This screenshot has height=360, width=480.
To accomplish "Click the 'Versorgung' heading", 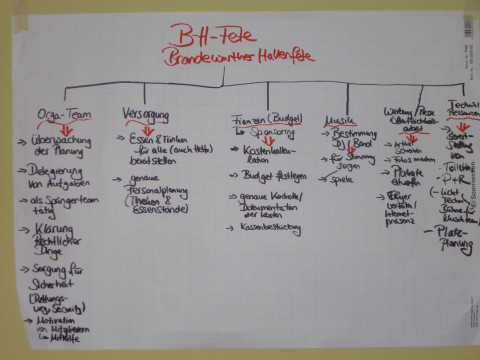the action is [147, 113].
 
